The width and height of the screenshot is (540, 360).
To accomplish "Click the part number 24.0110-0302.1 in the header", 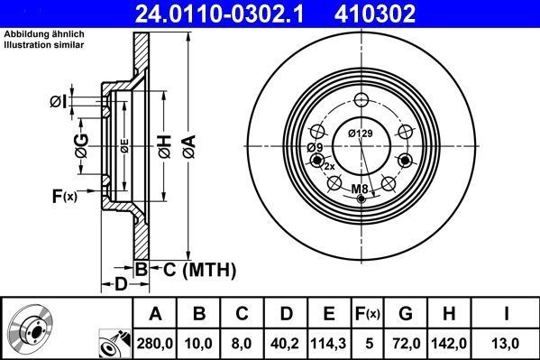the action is pos(219,14).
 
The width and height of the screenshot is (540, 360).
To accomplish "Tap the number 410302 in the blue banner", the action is pos(375,14).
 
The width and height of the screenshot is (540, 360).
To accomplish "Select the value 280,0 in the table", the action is pos(155,344).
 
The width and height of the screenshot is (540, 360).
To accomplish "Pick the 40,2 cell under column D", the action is pos(286,344).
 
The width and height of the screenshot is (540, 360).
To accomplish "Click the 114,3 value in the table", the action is pos(329,344).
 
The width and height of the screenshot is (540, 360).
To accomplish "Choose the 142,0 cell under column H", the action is pos(449,344).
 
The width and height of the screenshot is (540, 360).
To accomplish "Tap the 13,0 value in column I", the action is pos(505,344).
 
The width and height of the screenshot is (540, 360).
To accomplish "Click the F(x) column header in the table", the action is pos(368,314).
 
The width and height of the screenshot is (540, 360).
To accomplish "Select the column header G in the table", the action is pos(406,313).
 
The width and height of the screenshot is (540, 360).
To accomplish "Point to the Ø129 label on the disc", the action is pos(361,134).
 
